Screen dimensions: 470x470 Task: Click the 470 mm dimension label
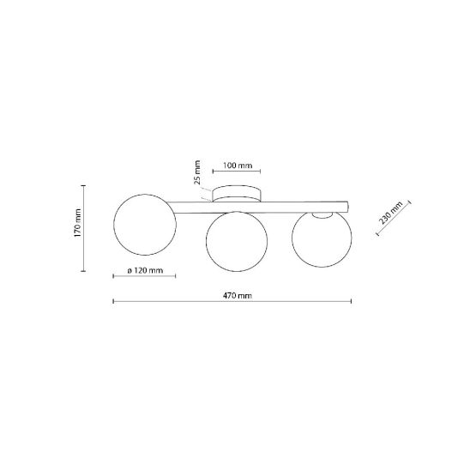pyautogui.click(x=237, y=296)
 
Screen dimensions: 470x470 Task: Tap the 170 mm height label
pyautogui.click(x=78, y=223)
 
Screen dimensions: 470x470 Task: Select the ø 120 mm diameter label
pyautogui.click(x=145, y=271)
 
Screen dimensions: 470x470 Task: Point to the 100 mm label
pyautogui.click(x=238, y=166)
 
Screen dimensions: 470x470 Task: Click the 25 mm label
pyautogui.click(x=197, y=172)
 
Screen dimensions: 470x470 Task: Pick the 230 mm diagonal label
pyautogui.click(x=391, y=213)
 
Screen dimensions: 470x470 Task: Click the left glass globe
pyautogui.click(x=145, y=225)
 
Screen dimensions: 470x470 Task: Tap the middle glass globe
pyautogui.click(x=237, y=242)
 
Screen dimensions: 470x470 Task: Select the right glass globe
pyautogui.click(x=322, y=238)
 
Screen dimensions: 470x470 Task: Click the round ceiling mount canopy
pyautogui.click(x=237, y=194)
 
